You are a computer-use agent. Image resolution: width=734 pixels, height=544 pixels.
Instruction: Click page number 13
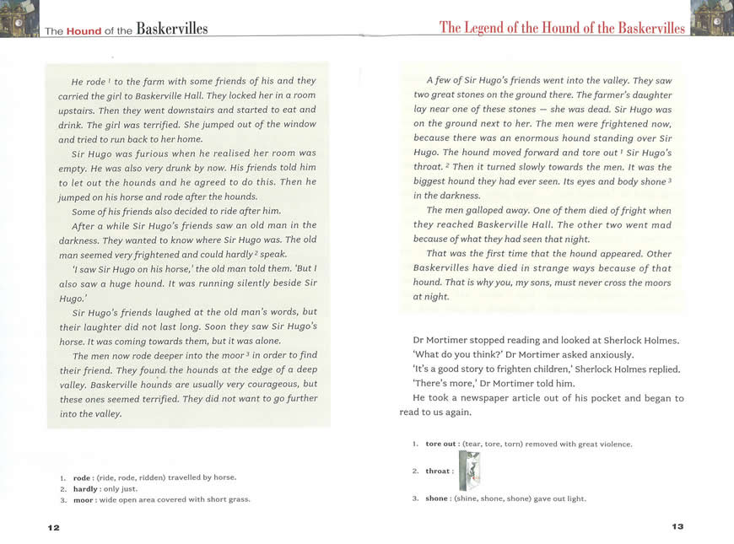point(677,526)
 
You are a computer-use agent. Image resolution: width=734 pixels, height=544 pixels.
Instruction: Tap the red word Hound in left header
point(84,31)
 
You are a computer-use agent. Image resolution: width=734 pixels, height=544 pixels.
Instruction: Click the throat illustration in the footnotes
point(470,471)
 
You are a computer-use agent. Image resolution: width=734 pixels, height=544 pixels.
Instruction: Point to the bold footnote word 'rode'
point(81,477)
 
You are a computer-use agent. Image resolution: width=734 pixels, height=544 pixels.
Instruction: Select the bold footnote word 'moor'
point(83,499)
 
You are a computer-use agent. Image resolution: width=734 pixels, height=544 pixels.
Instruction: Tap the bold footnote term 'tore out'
point(440,444)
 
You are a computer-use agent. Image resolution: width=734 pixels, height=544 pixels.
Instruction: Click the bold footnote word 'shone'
point(437,498)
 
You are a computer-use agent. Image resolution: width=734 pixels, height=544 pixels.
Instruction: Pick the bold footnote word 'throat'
point(438,471)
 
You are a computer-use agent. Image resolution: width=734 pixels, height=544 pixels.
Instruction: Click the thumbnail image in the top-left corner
point(19,19)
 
